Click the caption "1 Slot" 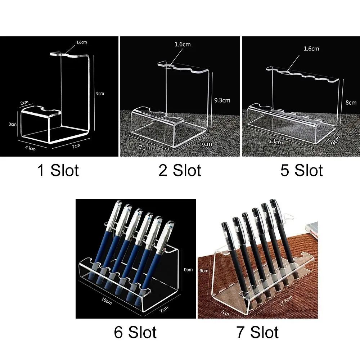[x=58, y=171]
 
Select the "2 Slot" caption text [x=180, y=171]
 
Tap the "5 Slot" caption [x=301, y=171]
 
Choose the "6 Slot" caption [x=135, y=332]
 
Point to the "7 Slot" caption [x=257, y=332]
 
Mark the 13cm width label [x=276, y=141]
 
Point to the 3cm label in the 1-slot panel [x=13, y=124]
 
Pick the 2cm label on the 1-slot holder [x=24, y=103]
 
